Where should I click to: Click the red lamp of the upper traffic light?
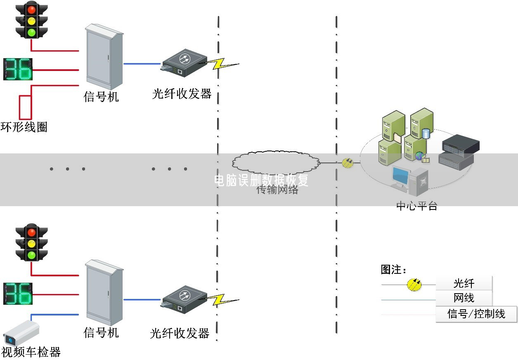(31, 8)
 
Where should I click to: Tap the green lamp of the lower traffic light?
(31, 255)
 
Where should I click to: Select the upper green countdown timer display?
(18, 69)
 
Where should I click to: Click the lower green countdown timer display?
(18, 293)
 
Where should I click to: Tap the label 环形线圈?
(24, 127)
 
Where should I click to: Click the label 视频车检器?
(31, 352)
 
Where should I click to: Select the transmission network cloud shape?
(276, 162)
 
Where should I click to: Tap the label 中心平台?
(416, 206)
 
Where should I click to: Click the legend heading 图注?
(393, 270)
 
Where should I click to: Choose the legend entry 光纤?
(464, 284)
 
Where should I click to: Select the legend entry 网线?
(464, 298)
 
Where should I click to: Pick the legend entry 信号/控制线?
(476, 314)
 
